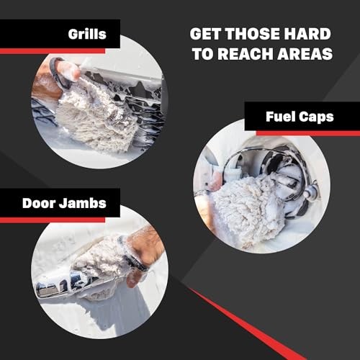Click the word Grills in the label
point(89,33)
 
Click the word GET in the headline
point(206,33)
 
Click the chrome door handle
point(61,284)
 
